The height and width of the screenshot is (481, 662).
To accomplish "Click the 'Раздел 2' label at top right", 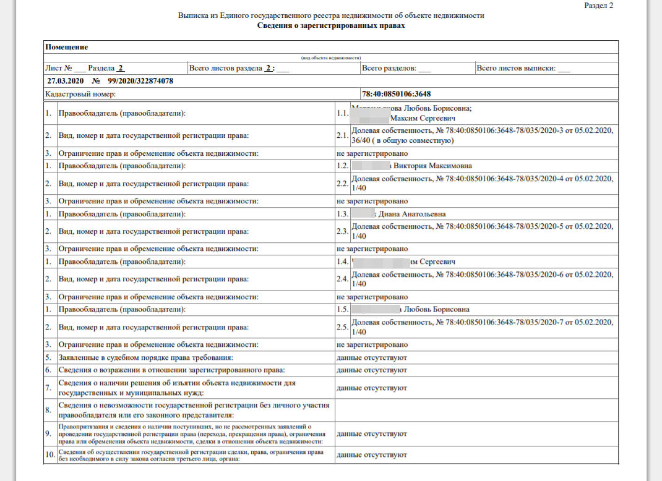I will click(x=599, y=5).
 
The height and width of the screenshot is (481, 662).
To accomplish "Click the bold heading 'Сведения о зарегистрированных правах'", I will click(x=331, y=26).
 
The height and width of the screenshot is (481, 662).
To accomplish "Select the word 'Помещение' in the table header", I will click(x=67, y=47).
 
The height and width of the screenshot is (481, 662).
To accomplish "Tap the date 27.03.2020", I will click(x=64, y=81).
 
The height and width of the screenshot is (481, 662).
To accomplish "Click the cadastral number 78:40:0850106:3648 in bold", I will click(x=397, y=94).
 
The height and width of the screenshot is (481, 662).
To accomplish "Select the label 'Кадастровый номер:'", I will click(x=80, y=94).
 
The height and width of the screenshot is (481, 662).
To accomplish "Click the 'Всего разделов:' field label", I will click(x=389, y=68).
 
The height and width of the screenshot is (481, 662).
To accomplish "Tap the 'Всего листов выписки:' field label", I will click(x=515, y=68).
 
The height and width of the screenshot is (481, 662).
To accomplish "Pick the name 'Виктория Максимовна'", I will click(x=432, y=166).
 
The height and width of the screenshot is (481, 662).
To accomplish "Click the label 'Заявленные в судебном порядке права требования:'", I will click(x=146, y=357).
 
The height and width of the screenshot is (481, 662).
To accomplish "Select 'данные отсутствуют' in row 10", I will click(x=372, y=455).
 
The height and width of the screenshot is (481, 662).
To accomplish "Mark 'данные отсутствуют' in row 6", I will click(x=372, y=370).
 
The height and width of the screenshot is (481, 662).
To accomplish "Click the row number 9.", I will click(x=48, y=433).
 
